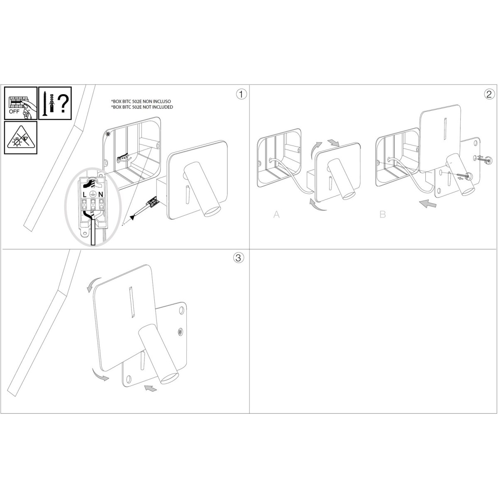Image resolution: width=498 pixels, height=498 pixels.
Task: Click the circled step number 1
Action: pyautogui.click(x=242, y=94)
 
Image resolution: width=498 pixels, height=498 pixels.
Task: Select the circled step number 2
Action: pyautogui.click(x=489, y=94)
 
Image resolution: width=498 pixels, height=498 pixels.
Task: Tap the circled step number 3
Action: pyautogui.click(x=239, y=258)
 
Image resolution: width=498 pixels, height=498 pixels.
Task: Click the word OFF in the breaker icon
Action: pyautogui.click(x=14, y=112)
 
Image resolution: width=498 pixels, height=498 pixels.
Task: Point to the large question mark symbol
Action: pyautogui.click(x=63, y=103)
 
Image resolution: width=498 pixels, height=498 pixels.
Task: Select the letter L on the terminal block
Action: pyautogui.click(x=85, y=194)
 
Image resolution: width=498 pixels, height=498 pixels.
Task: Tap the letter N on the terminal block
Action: pyautogui.click(x=101, y=194)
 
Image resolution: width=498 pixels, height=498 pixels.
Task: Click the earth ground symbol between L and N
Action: pyautogui.click(x=93, y=194)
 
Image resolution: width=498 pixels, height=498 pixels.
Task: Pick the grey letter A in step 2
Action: pyautogui.click(x=276, y=214)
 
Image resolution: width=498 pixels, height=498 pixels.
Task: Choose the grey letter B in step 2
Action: pyautogui.click(x=383, y=214)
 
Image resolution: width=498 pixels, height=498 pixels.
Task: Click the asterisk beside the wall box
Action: pyautogui.click(x=108, y=134)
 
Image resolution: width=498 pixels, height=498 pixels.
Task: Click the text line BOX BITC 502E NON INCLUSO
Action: pyautogui.click(x=141, y=102)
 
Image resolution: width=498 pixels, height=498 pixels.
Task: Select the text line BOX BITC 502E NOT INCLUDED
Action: pyautogui.click(x=142, y=107)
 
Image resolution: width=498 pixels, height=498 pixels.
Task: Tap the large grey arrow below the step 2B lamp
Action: pyautogui.click(x=428, y=204)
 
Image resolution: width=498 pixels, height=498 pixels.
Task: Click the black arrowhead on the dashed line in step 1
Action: pyautogui.click(x=132, y=217)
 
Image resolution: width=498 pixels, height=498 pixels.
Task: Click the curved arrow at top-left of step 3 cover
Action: pyautogui.click(x=93, y=284)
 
